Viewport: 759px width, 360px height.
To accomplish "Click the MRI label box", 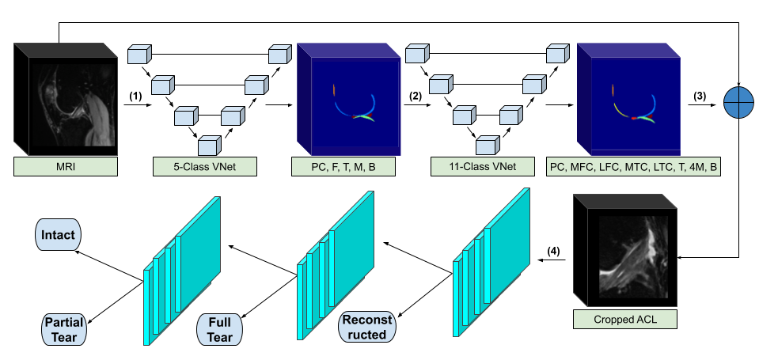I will tap(66, 166).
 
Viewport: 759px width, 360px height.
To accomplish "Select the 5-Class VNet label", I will tap(205, 166).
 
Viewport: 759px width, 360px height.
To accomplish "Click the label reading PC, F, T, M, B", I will tap(344, 166).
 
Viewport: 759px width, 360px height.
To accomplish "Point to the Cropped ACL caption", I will tap(625, 320).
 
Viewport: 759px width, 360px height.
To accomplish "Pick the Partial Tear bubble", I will tap(63, 329).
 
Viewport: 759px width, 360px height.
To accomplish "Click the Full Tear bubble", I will tap(219, 330).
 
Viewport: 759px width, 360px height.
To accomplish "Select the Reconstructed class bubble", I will tap(366, 328).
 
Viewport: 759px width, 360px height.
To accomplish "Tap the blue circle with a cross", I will tap(738, 102).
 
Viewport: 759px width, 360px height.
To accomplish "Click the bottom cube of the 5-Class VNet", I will tap(209, 146).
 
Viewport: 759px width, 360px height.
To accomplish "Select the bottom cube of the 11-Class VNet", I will tap(487, 146).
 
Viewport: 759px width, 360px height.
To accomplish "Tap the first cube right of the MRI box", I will tap(139, 55).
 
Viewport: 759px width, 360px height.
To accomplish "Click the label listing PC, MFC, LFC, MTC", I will tap(633, 166).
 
